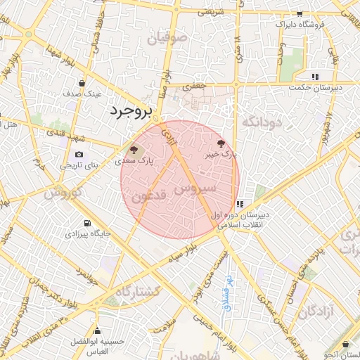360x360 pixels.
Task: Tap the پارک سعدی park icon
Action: (x=133, y=150)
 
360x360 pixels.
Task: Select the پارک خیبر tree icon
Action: (x=222, y=143)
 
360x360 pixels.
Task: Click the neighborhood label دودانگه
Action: (x=262, y=122)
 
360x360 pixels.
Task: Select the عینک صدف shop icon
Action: (x=82, y=84)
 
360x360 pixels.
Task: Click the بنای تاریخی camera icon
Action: (x=79, y=155)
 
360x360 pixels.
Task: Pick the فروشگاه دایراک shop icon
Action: (x=300, y=13)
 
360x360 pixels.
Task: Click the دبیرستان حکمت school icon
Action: (x=316, y=76)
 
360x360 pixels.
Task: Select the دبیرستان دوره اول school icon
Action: (x=241, y=204)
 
